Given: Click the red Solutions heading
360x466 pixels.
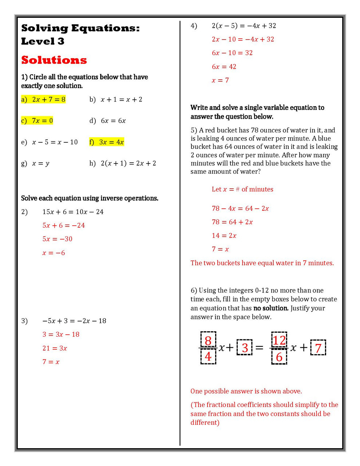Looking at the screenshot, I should coord(54,60).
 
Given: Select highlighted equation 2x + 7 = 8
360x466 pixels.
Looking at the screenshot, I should coord(48,99).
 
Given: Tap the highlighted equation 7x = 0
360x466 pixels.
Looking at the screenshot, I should coord(42,121).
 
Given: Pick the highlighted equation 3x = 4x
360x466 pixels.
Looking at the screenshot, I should coord(111,142).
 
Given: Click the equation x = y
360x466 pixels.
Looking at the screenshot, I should coord(40,163).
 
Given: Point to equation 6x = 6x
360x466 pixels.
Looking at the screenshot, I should coord(113,121).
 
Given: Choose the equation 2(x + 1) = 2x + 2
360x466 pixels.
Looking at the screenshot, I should coord(128,163).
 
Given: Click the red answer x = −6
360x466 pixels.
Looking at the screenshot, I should coord(54,253).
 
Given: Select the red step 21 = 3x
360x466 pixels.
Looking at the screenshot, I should coord(55,348).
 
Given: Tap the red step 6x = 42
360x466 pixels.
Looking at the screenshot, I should coord(224,67).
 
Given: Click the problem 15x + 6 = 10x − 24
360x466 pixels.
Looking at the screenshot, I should coord(73,212).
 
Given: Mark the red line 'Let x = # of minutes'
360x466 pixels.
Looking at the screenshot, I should coord(242,189).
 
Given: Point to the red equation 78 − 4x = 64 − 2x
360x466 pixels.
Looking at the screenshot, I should coord(240,209).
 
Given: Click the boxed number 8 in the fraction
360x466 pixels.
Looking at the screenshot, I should coord(208,340).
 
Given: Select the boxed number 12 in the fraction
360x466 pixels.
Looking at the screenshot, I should coord(279,340).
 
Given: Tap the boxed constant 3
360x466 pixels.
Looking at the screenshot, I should coord(245,348).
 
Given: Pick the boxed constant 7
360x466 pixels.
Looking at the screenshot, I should coord(318,348).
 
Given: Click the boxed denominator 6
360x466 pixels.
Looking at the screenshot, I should coord(279,357).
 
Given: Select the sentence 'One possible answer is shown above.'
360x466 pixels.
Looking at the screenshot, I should coord(246,391).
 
